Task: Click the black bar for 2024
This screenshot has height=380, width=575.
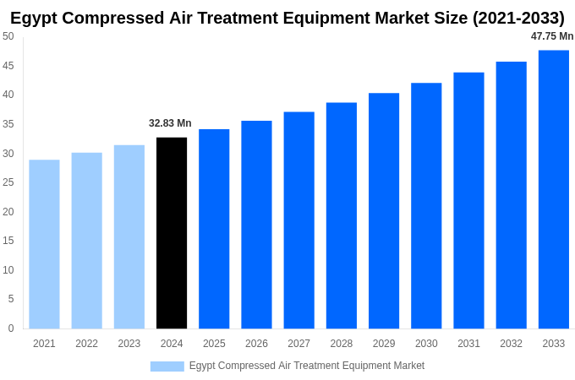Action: pos(172,233)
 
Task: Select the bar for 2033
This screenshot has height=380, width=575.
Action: pos(554,189)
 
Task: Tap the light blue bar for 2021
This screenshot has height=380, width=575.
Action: pos(44,244)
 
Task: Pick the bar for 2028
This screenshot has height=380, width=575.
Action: pos(342,215)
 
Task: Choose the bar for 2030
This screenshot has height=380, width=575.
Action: pos(426,205)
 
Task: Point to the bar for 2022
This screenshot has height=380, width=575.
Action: pos(86,241)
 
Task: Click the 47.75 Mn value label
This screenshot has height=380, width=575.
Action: pos(552,36)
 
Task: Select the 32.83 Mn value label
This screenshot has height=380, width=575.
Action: pos(170,123)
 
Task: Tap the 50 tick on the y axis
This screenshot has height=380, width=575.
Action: pos(8,36)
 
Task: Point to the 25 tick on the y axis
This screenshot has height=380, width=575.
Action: pos(8,182)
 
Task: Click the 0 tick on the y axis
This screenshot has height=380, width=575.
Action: pos(11,328)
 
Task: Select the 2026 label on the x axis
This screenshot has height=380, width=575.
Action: pos(256,344)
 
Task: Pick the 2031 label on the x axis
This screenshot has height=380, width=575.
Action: pos(468,344)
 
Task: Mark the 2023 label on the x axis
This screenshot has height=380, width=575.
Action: pos(129,344)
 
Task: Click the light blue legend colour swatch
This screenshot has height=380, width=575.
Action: pos(167,366)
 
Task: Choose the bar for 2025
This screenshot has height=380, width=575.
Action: pos(214,229)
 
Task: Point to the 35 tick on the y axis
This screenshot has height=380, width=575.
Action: pos(8,124)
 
